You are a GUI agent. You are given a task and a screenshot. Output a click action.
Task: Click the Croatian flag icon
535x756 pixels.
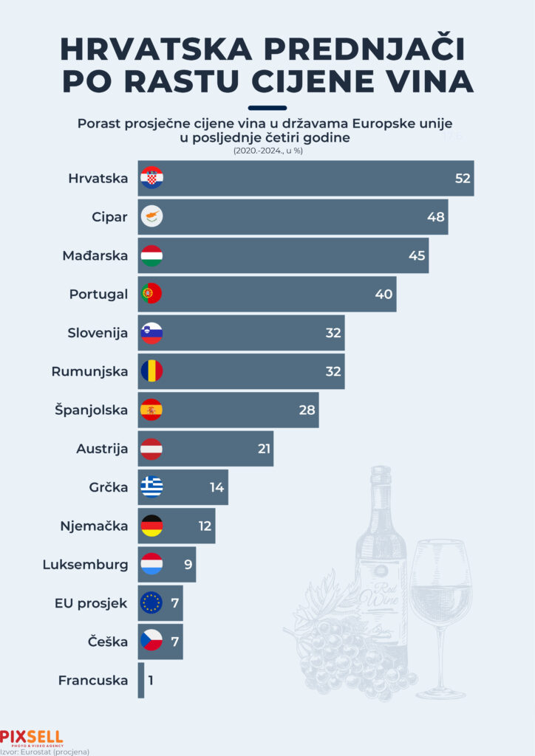(151, 178)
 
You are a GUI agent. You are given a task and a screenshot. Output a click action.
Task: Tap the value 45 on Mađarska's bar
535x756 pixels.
(416, 255)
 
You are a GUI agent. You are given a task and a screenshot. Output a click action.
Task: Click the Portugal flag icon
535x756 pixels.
(151, 294)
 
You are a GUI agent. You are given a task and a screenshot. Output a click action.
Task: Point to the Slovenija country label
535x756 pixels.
(98, 333)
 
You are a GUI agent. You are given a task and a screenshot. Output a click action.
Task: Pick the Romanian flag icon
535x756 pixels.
(151, 371)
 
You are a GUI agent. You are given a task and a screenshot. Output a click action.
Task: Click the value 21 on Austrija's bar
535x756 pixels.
(264, 448)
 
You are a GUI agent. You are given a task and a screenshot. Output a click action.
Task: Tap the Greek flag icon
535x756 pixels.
(151, 487)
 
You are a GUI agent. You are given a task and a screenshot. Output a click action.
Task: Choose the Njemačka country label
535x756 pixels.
(94, 526)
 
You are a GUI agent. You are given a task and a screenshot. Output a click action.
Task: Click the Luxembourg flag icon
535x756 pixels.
(151, 565)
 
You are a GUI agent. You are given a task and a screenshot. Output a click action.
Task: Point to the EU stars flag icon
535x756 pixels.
(151, 603)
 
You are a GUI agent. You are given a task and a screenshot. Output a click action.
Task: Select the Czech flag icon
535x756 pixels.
(151, 642)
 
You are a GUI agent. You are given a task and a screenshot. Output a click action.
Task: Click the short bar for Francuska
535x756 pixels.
(141, 680)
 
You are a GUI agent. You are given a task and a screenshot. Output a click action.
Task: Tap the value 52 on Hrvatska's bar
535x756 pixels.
(463, 179)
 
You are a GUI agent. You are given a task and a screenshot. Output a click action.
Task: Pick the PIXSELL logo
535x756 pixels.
(32, 737)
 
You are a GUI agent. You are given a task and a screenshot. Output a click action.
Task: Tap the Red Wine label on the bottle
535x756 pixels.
(381, 597)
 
